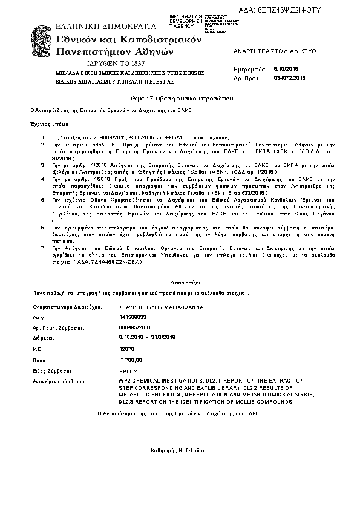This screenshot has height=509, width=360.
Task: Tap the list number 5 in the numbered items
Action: pyautogui.click(x=42, y=199)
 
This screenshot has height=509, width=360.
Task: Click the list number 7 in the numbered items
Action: pyautogui.click(x=42, y=248)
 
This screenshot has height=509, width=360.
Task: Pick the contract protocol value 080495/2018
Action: pyautogui.click(x=136, y=327)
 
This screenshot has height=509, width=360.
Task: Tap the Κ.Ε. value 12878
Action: pyautogui.click(x=128, y=349)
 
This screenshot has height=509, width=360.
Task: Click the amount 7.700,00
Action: pyautogui.click(x=131, y=360)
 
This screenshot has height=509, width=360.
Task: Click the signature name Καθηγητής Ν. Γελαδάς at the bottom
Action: pyautogui.click(x=178, y=451)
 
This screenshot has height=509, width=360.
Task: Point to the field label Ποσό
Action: pyautogui.click(x=39, y=360)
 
